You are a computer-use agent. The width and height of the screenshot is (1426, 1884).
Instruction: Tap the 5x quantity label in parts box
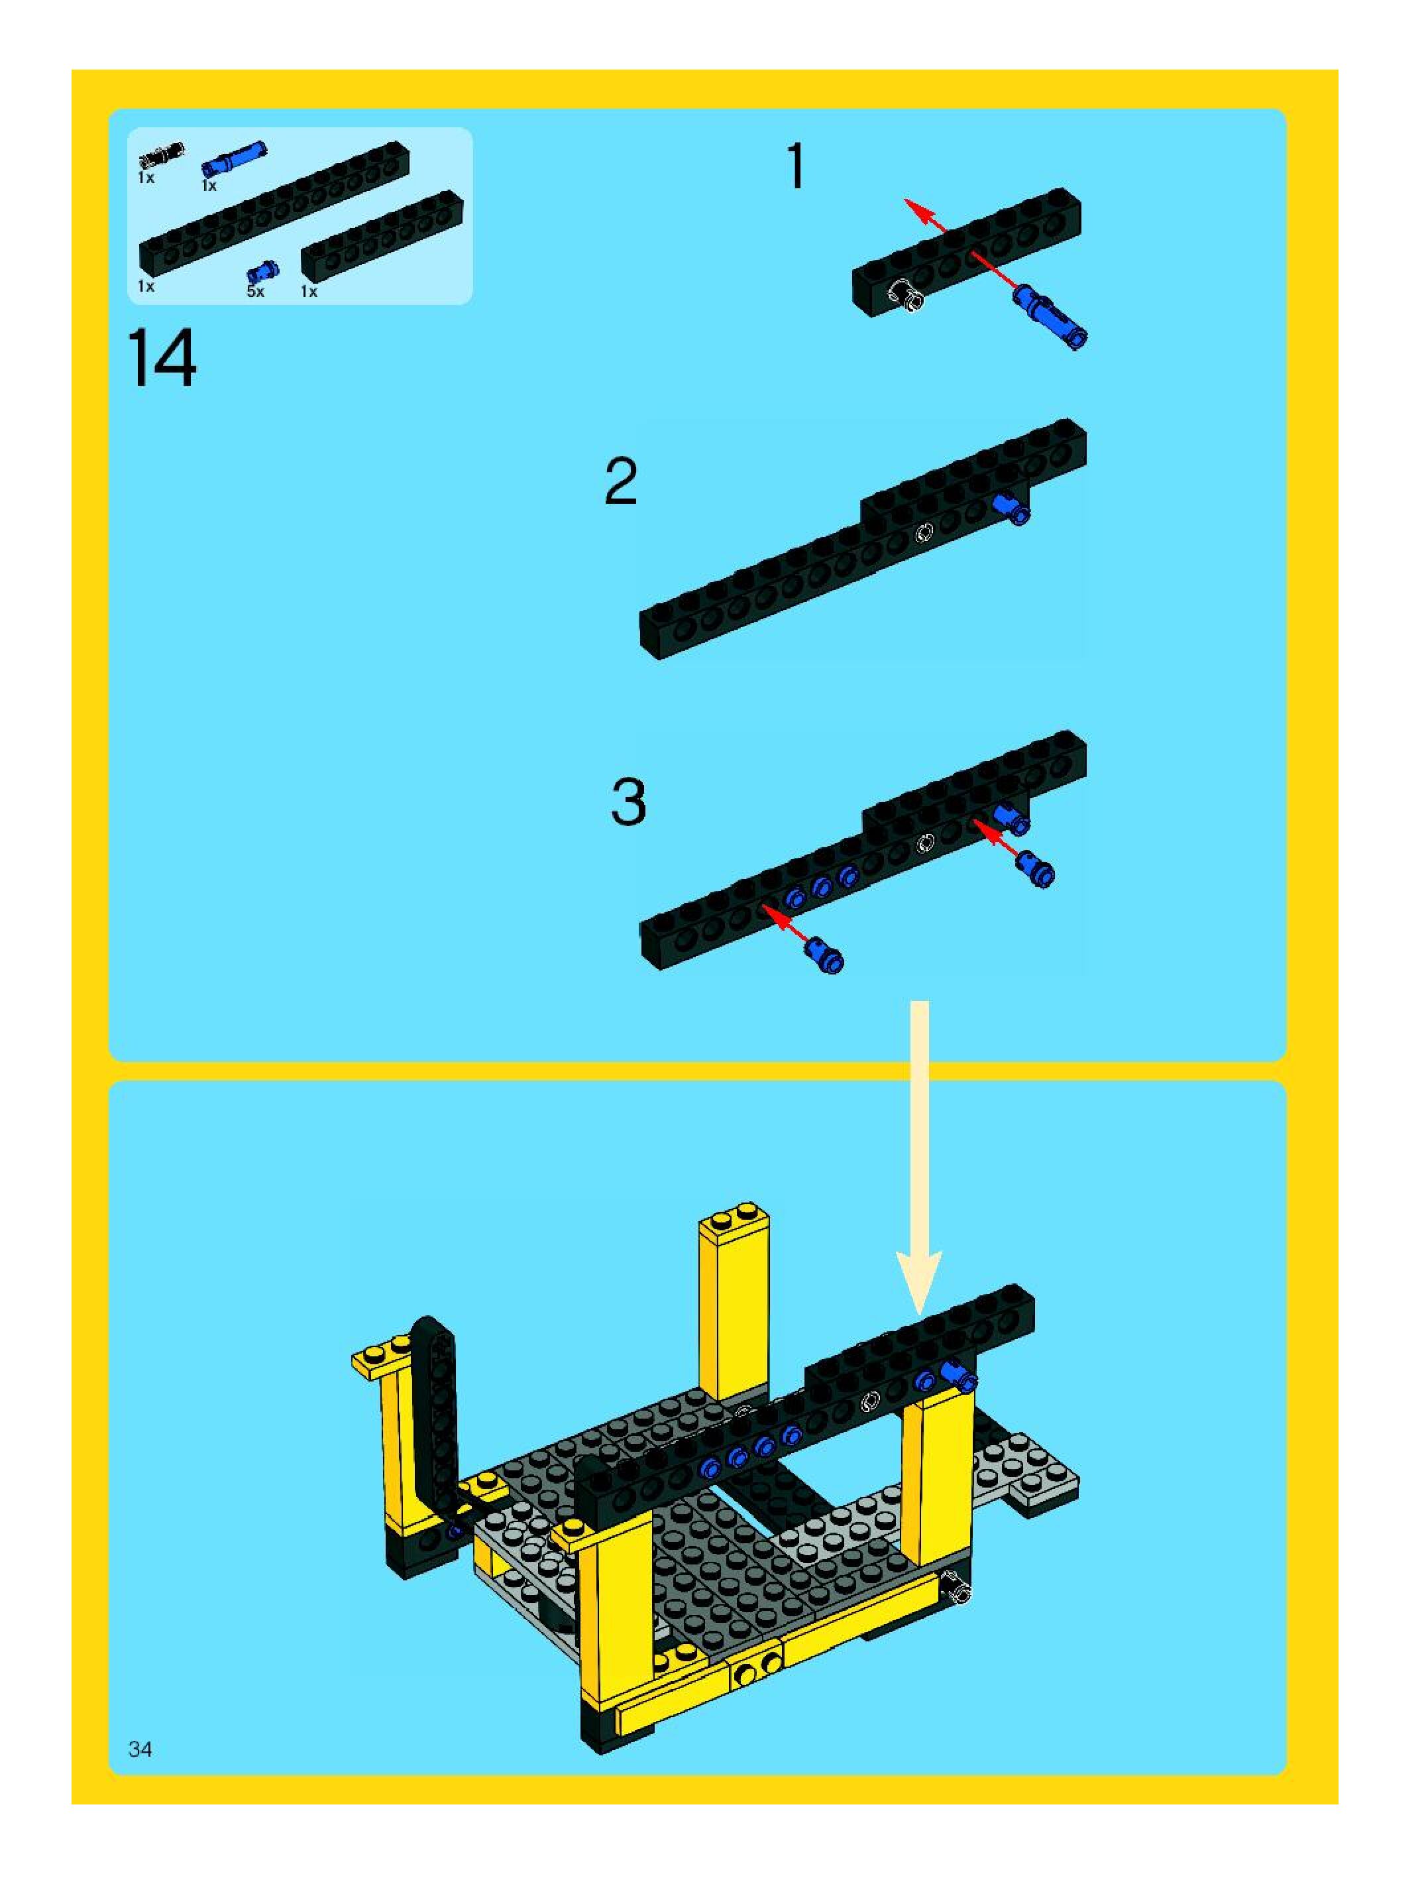pos(255,292)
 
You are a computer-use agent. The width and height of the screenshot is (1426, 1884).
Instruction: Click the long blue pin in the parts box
pos(234,158)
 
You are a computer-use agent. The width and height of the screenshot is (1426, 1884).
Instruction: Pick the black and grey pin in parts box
pos(162,155)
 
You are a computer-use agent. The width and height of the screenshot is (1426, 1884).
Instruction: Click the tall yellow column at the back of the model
pos(733,1303)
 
